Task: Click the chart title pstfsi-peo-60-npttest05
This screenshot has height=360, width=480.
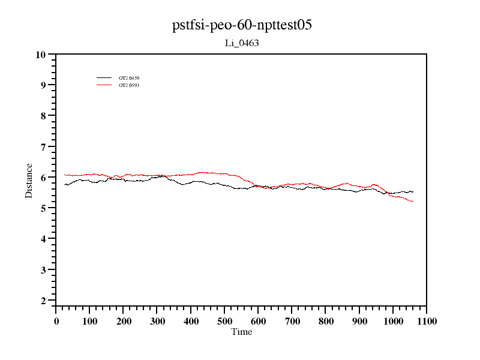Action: [x=241, y=25]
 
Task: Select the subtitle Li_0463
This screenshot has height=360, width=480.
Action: [x=241, y=43]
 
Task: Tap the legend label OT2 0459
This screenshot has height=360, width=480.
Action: [x=129, y=78]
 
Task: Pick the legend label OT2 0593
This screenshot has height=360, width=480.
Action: [x=129, y=85]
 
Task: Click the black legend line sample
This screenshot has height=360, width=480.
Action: [x=104, y=78]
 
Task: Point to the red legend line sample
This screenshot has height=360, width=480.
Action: [x=104, y=85]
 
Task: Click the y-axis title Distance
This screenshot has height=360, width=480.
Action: [x=29, y=180]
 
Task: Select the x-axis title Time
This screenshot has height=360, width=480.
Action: [x=242, y=332]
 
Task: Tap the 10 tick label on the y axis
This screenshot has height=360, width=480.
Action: [x=41, y=55]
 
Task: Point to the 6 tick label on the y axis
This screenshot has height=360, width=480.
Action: [x=43, y=178]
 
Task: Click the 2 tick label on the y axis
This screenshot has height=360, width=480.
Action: [x=43, y=301]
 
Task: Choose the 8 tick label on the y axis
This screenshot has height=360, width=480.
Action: [x=43, y=116]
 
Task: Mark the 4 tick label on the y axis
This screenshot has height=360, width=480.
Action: [x=43, y=239]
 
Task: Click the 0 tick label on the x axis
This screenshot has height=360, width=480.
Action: [x=56, y=321]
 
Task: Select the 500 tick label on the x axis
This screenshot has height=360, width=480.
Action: [x=224, y=321]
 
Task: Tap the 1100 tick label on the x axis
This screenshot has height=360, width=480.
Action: [x=426, y=321]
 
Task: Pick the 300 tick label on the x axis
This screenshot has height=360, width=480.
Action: [x=157, y=321]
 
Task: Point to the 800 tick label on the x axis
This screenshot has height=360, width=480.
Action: [x=325, y=321]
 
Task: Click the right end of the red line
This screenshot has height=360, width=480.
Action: [x=413, y=201]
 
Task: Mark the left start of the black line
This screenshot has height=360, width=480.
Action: [x=65, y=184]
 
